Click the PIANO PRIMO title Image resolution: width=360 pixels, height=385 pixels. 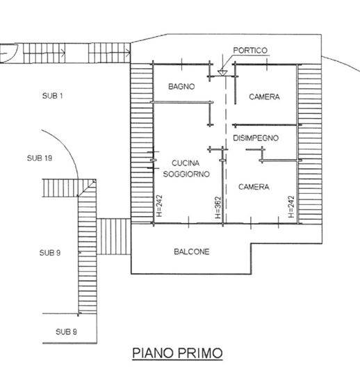[x=177, y=353]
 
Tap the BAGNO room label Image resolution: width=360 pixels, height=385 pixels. [x=181, y=86]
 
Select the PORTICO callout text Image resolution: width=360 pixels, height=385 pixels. [x=250, y=50]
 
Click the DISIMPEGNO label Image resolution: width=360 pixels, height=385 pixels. [x=256, y=138]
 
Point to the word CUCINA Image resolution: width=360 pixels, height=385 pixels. [x=186, y=163]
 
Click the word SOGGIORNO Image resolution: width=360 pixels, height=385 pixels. [x=186, y=174]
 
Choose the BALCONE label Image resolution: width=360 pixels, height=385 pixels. [x=192, y=252]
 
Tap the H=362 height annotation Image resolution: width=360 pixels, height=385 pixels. [x=218, y=208]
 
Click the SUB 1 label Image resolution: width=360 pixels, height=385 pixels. [x=53, y=95]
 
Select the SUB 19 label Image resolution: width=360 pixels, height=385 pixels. [x=40, y=158]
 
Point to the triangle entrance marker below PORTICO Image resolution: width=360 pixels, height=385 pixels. [x=222, y=72]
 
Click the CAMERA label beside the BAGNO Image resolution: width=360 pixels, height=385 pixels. [x=264, y=97]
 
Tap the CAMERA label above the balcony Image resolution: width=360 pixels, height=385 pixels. [x=254, y=187]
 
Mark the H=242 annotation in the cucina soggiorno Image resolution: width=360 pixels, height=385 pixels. [x=159, y=206]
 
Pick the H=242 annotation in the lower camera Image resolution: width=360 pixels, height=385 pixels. [x=291, y=206]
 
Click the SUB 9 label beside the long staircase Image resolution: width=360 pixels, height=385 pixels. [x=50, y=253]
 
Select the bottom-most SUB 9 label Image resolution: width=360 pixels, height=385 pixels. [x=66, y=331]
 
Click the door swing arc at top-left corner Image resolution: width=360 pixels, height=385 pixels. [x=14, y=55]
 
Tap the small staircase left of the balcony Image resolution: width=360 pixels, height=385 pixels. [x=113, y=237]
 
